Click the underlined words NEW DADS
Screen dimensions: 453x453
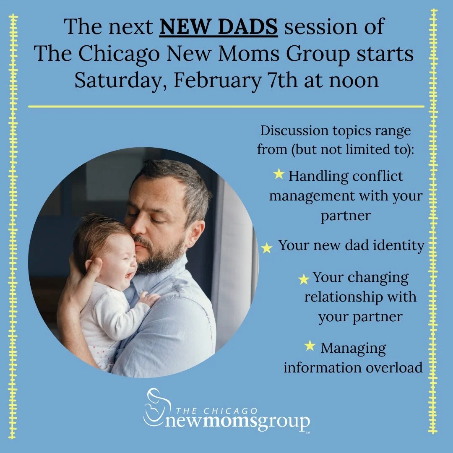point(219,27)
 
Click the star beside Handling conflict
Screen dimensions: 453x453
point(279,174)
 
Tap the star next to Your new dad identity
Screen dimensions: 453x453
point(267,248)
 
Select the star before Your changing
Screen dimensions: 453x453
point(304,279)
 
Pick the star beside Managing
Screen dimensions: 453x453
point(310,346)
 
